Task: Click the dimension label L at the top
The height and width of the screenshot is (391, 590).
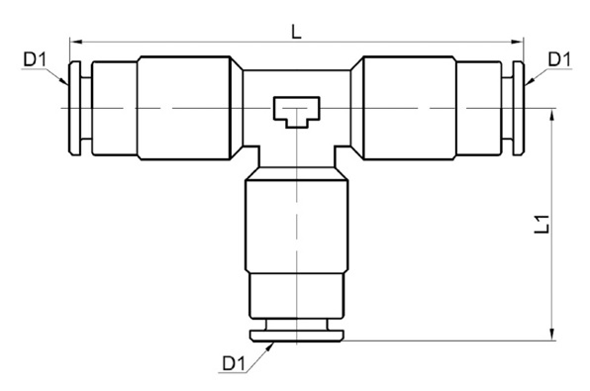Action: click(295, 31)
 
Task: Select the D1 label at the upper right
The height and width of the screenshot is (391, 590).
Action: click(558, 59)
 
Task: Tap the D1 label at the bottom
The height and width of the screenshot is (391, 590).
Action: click(233, 364)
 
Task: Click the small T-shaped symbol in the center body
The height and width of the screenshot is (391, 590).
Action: click(295, 110)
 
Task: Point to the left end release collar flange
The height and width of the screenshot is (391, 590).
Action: click(72, 106)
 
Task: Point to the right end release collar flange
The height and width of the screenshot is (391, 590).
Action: click(518, 106)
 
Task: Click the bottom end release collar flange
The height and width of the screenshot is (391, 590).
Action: click(295, 335)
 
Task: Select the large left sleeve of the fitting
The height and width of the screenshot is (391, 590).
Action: click(188, 106)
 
